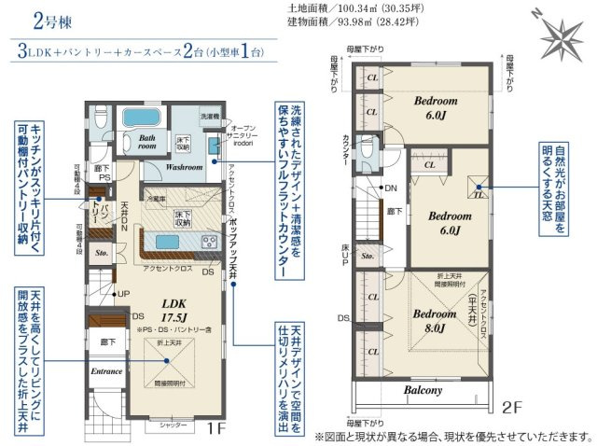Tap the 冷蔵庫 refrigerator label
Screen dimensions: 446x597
coord(156,199)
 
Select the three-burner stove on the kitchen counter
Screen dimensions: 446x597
coord(207,243)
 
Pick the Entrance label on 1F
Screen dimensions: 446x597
coord(106,371)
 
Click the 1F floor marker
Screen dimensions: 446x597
coord(215,430)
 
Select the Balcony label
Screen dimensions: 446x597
coord(423,391)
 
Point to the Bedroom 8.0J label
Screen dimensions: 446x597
coord(436,320)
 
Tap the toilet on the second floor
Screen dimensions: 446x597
coord(367,150)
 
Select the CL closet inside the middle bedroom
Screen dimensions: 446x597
coord(430,165)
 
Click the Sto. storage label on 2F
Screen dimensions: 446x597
coord(367,255)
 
